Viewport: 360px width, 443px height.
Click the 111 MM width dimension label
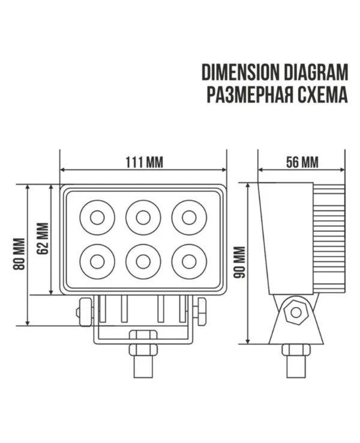pyautogui.click(x=144, y=162)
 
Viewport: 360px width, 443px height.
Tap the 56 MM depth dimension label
pyautogui.click(x=302, y=162)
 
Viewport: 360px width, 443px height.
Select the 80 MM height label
pyautogui.click(x=20, y=254)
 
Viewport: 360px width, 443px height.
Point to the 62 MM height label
pyautogui.click(x=43, y=239)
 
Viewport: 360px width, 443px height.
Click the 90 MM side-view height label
pyautogui.click(x=239, y=263)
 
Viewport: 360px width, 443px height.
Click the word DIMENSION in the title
pyautogui.click(x=240, y=72)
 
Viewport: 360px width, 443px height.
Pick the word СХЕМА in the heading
pyautogui.click(x=322, y=94)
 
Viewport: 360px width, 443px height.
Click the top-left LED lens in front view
pyautogui.click(x=97, y=218)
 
